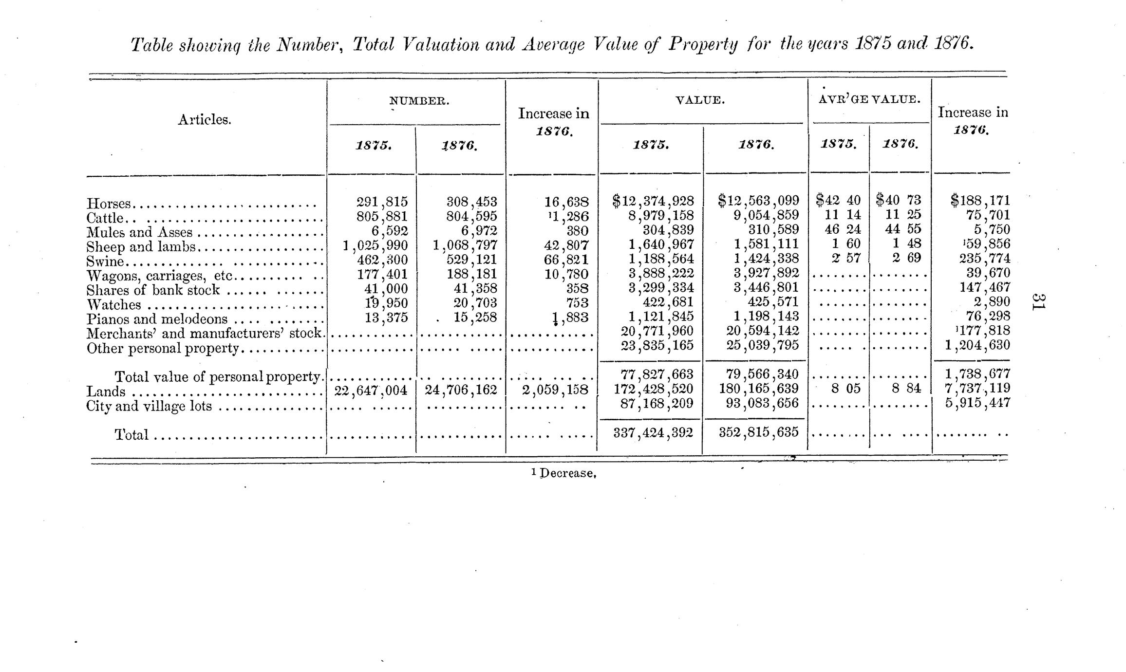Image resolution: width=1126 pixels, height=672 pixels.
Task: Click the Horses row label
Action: (x=109, y=204)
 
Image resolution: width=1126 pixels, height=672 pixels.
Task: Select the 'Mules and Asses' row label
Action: (x=139, y=233)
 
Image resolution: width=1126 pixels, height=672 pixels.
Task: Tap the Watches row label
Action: (x=113, y=305)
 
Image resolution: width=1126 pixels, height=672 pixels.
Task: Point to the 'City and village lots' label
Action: (x=149, y=406)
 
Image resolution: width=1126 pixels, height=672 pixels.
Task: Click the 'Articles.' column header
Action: (x=204, y=120)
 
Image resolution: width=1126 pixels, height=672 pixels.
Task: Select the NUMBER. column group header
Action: (x=419, y=101)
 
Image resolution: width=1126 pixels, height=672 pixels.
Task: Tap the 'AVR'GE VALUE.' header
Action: (x=869, y=99)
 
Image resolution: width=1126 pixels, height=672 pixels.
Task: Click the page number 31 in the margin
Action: (x=1039, y=303)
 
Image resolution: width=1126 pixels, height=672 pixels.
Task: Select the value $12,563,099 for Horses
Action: (x=758, y=200)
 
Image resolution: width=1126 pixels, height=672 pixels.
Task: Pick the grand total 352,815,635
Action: (x=759, y=432)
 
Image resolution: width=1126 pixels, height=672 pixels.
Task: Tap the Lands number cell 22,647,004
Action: (x=370, y=390)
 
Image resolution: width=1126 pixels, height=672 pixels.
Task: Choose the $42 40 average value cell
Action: (x=838, y=200)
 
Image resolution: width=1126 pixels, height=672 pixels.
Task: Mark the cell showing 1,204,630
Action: (x=977, y=345)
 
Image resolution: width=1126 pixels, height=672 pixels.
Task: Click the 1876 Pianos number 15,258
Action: (x=475, y=317)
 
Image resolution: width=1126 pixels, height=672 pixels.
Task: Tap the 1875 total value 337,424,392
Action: (x=653, y=432)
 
